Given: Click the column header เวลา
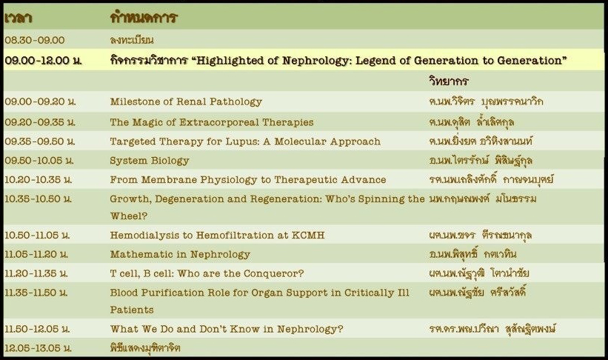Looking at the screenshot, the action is pyautogui.click(x=18, y=18).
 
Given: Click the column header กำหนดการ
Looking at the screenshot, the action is pyautogui.click(x=144, y=18).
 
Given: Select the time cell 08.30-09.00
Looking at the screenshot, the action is pyautogui.click(x=35, y=40).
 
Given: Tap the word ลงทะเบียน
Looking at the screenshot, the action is pyautogui.click(x=132, y=40).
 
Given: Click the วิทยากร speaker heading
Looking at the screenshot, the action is pyautogui.click(x=449, y=81).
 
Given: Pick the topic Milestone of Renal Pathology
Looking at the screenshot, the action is pyautogui.click(x=186, y=101).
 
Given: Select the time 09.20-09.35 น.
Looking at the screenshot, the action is pyautogui.click(x=40, y=122).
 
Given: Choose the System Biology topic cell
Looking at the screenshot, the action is pyautogui.click(x=150, y=161).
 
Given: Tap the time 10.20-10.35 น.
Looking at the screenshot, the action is pyautogui.click(x=39, y=179).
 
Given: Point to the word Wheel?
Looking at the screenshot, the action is pyautogui.click(x=129, y=216).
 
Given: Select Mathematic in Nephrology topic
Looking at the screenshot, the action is pyautogui.click(x=180, y=255).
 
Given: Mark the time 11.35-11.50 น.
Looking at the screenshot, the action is pyautogui.click(x=36, y=293).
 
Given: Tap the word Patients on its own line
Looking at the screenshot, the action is pyautogui.click(x=132, y=310).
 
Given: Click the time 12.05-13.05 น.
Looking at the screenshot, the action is pyautogui.click(x=39, y=348).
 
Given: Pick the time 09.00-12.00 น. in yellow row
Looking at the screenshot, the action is pyautogui.click(x=44, y=61).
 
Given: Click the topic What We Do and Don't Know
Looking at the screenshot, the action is pyautogui.click(x=227, y=329).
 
